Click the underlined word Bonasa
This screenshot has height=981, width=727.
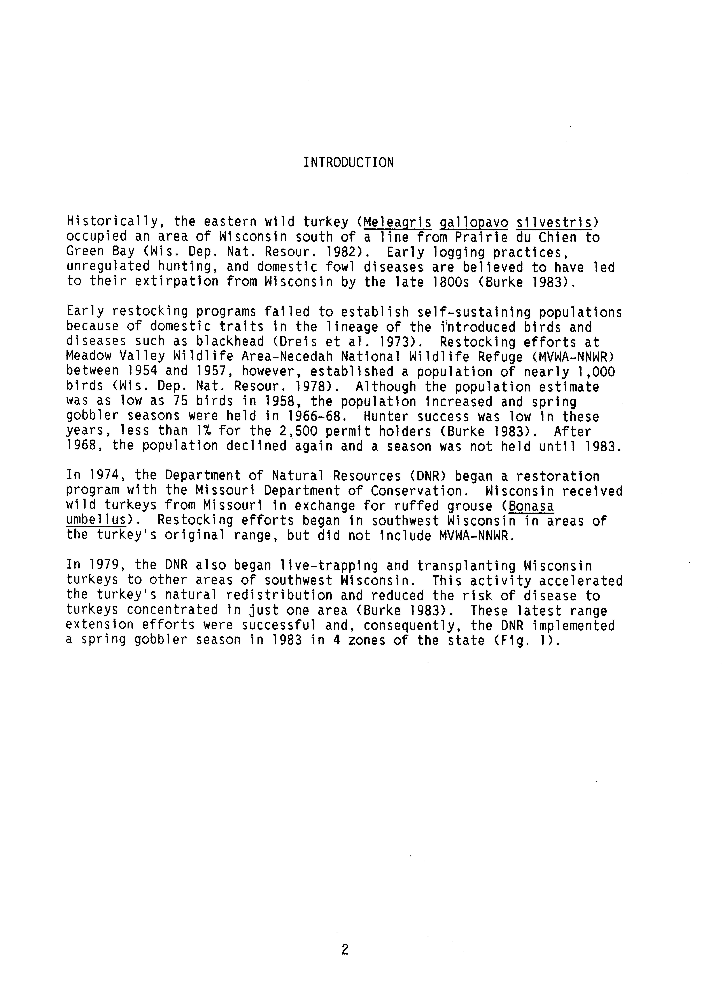pos(531,506)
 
